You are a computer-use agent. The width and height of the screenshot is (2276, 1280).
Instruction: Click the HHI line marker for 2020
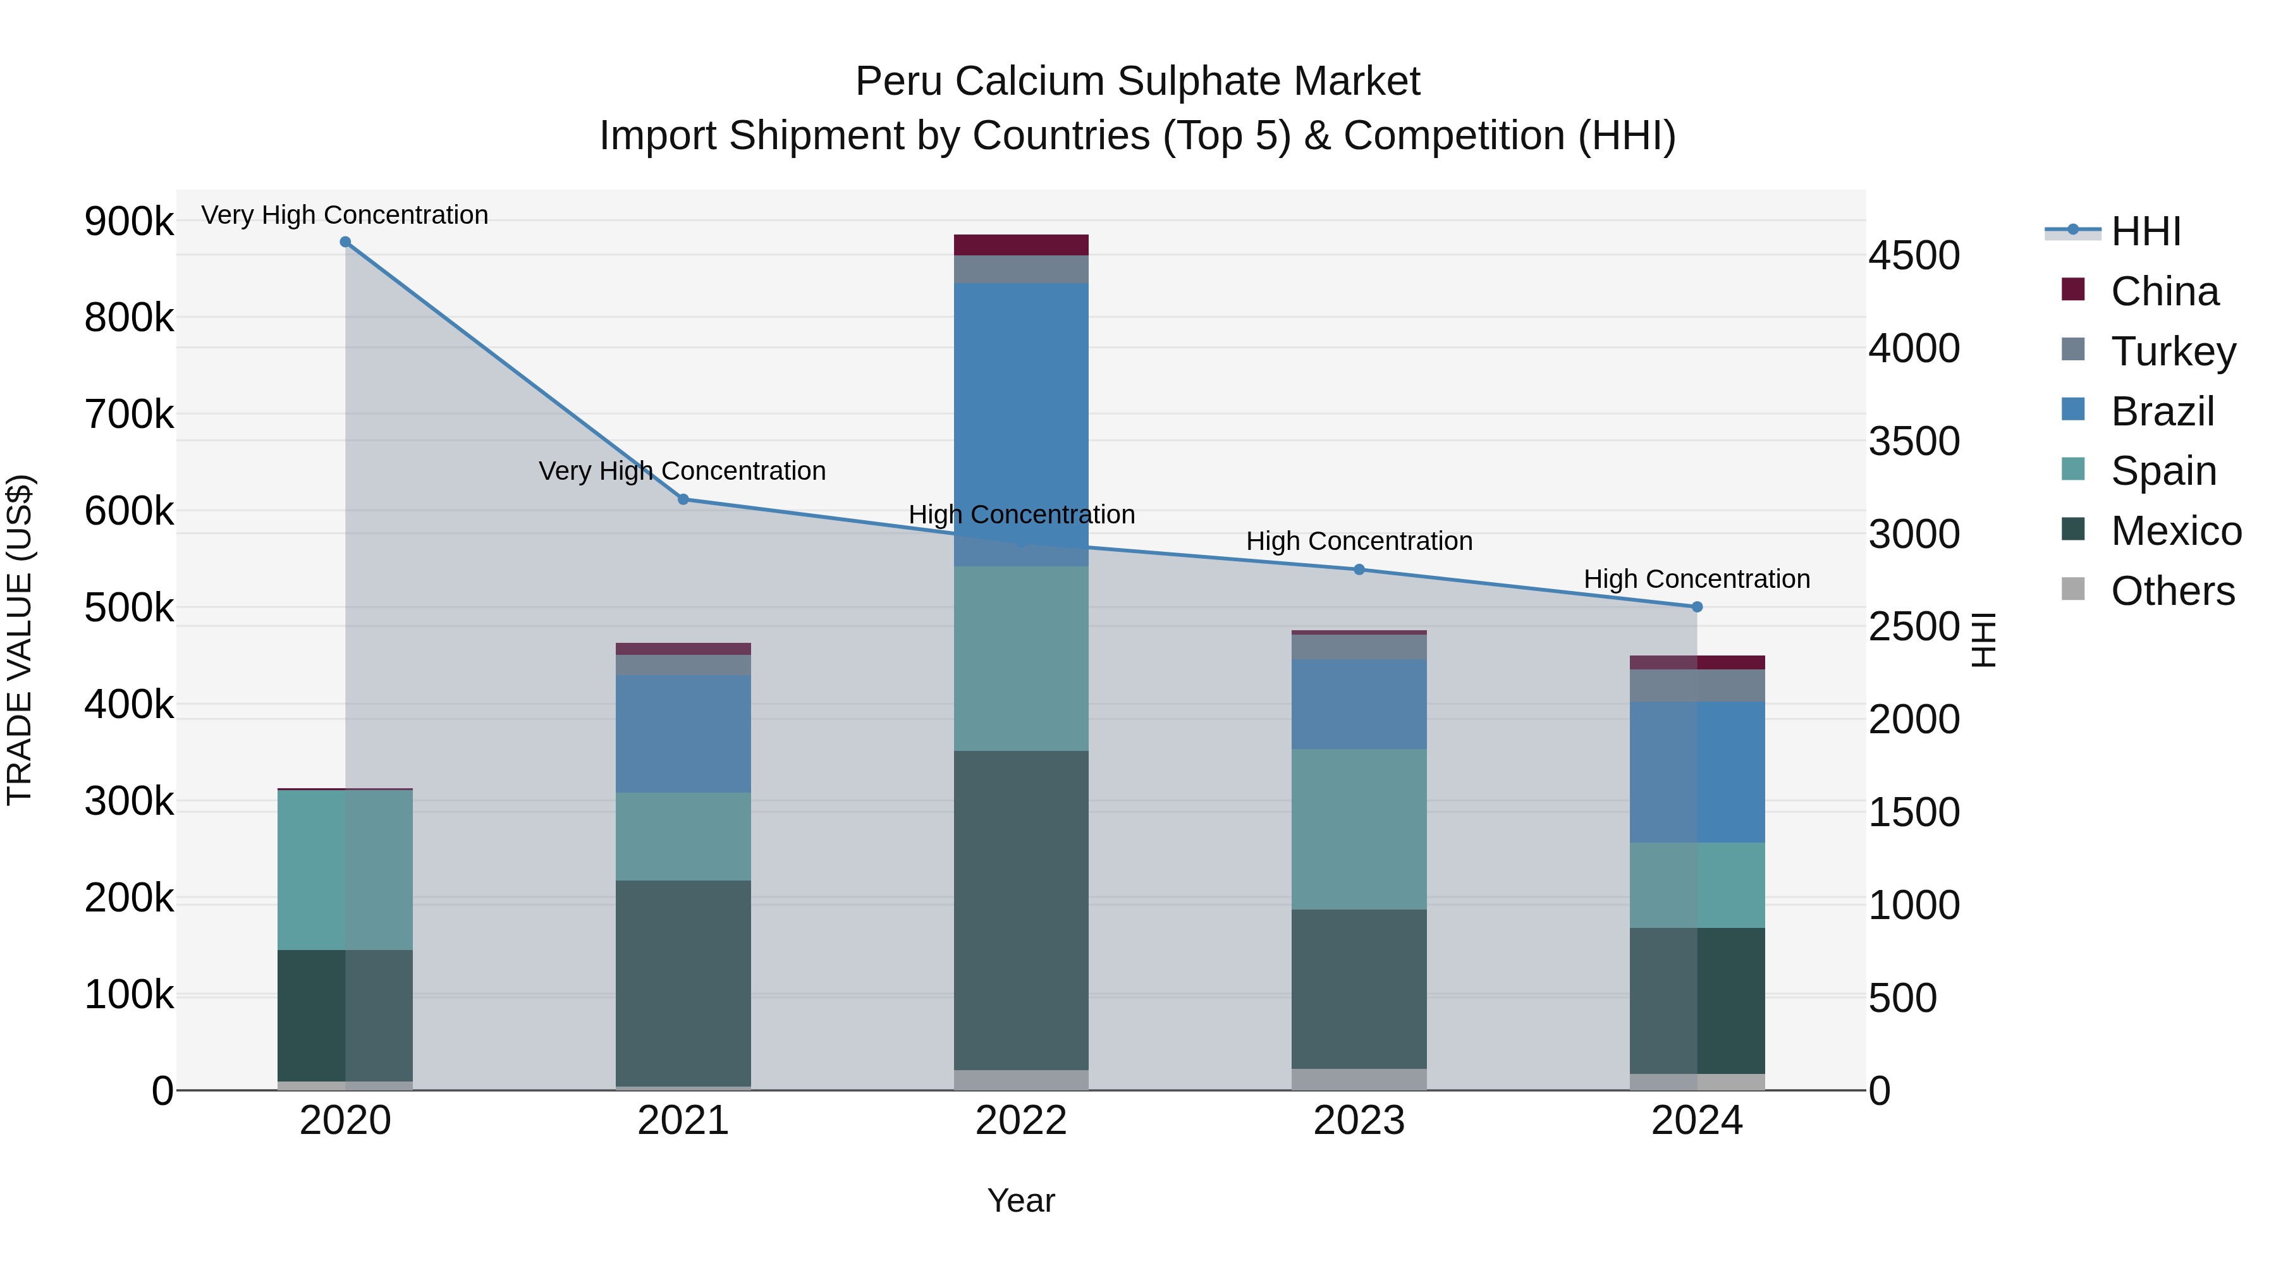click(345, 242)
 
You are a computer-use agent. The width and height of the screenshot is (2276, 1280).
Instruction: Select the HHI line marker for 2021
click(683, 499)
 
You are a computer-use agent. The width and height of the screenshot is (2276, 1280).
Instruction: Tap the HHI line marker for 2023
click(1359, 570)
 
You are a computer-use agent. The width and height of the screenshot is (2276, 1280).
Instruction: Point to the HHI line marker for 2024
click(1696, 607)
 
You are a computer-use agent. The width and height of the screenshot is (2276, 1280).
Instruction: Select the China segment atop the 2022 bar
click(1022, 245)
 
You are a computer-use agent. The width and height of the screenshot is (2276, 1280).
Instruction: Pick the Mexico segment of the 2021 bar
click(683, 982)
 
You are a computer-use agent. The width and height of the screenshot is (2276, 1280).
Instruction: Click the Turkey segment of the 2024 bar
click(1696, 685)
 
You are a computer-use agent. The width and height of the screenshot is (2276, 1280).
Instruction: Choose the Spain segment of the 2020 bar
click(345, 870)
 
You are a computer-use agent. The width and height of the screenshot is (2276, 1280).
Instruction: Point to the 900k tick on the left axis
click(129, 221)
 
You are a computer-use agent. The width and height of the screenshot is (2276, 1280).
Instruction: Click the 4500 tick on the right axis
click(1914, 256)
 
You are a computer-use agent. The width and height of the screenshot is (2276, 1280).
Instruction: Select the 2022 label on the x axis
click(1022, 1121)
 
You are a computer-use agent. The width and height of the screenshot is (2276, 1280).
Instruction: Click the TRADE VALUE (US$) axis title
click(20, 640)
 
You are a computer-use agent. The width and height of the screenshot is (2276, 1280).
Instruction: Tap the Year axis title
click(1022, 1200)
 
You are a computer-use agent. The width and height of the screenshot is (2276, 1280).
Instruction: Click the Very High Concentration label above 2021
click(682, 471)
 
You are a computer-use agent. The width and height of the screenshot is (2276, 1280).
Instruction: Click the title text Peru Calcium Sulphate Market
click(1137, 82)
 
